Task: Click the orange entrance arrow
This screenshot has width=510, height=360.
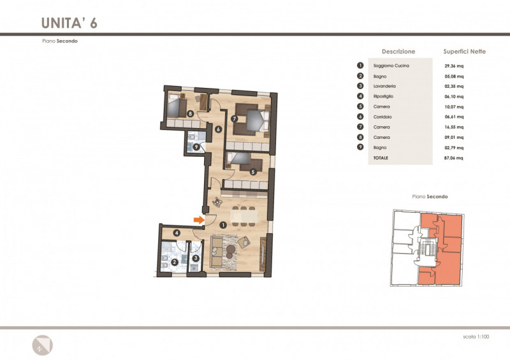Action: pyautogui.click(x=199, y=220)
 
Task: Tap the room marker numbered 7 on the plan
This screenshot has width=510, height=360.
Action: pyautogui.click(x=234, y=119)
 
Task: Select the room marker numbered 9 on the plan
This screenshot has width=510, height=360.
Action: pyautogui.click(x=196, y=147)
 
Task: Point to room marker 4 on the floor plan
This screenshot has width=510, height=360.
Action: pyautogui.click(x=177, y=233)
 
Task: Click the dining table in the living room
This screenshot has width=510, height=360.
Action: pyautogui.click(x=244, y=216)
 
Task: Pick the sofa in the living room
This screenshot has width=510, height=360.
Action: pyautogui.click(x=217, y=252)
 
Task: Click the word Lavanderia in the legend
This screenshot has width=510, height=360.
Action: pyautogui.click(x=384, y=86)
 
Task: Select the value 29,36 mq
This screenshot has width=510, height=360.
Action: pyautogui.click(x=454, y=66)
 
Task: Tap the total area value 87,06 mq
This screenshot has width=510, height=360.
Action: pyautogui.click(x=454, y=158)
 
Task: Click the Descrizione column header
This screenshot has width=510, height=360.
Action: pyautogui.click(x=398, y=52)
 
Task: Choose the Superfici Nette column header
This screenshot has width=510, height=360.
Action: pyautogui.click(x=465, y=52)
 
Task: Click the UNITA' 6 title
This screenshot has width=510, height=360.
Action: pyautogui.click(x=69, y=23)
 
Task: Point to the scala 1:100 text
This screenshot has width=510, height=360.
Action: pyautogui.click(x=476, y=336)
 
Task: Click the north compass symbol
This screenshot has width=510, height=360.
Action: pyautogui.click(x=42, y=345)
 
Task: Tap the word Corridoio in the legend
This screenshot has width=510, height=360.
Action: pyautogui.click(x=382, y=117)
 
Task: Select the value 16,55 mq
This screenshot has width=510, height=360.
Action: pyautogui.click(x=454, y=127)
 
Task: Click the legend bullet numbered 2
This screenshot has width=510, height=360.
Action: pyautogui.click(x=360, y=76)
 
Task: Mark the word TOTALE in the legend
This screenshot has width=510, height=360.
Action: pyautogui.click(x=381, y=158)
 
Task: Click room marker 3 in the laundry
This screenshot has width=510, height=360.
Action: pyautogui.click(x=196, y=258)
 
